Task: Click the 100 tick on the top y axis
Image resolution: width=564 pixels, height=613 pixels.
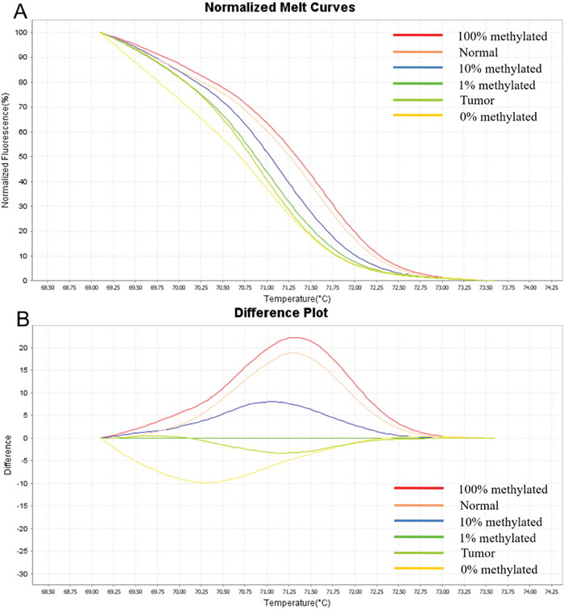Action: coord(26,32)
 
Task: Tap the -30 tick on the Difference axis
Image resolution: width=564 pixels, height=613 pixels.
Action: coord(27,573)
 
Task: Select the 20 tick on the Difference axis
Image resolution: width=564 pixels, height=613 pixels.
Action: coord(28,348)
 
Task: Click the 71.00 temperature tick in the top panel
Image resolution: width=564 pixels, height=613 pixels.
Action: coord(267,287)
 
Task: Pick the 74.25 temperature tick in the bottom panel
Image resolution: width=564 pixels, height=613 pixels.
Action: coord(552,590)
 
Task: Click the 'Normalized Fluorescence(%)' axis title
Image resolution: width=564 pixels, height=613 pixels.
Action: coord(7,156)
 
